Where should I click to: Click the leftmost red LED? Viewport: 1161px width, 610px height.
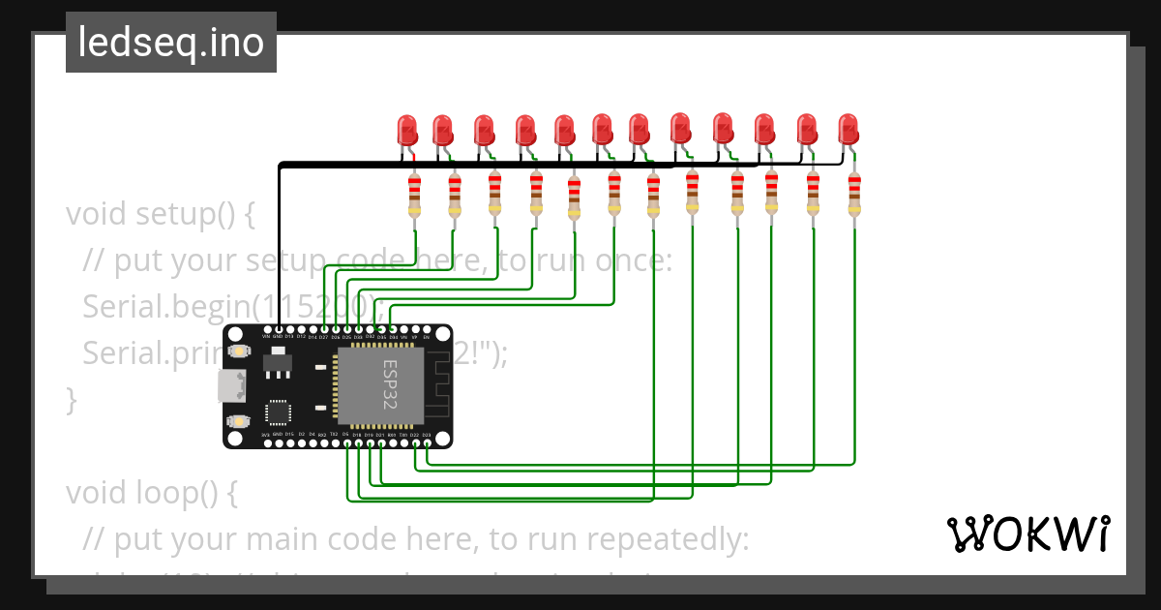coord(407,130)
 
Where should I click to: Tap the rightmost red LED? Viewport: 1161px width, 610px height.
coord(848,128)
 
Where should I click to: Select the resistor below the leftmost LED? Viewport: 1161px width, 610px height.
coord(415,195)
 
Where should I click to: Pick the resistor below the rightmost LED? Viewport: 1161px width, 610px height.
coord(854,194)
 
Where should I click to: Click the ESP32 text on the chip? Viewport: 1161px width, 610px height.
coord(390,385)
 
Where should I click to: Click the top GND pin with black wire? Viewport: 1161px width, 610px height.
coord(279,330)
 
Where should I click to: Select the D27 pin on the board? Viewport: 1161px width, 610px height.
coord(323,330)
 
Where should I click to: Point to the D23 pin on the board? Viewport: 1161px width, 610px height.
coord(426,443)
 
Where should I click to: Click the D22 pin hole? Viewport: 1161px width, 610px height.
coord(414,443)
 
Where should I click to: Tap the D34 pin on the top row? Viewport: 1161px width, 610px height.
coord(392,330)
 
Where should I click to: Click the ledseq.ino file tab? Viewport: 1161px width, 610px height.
coord(171,43)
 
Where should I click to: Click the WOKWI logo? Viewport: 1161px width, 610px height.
coord(1027,534)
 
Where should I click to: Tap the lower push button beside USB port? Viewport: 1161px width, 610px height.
coord(238,422)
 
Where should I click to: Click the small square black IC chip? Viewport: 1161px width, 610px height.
coord(279,412)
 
